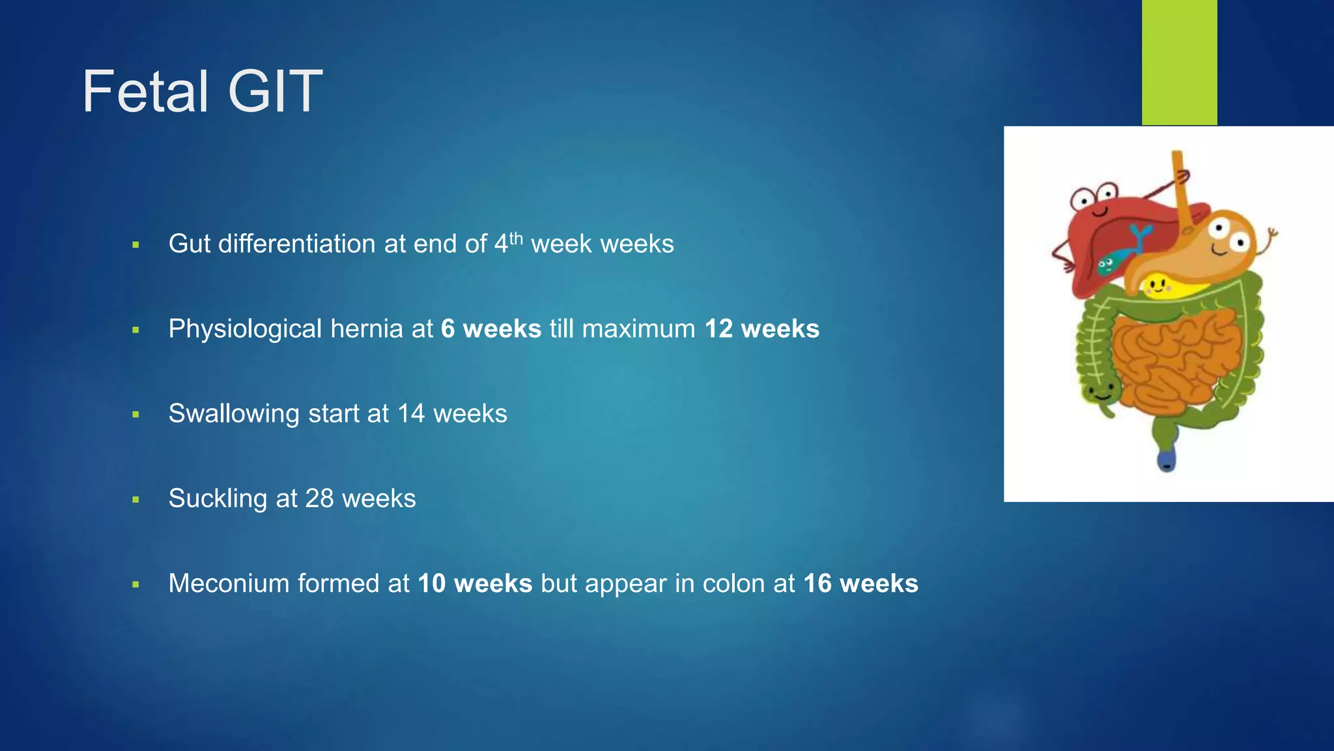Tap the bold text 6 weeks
pos(490,329)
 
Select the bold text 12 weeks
pos(761,329)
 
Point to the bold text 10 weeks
pos(475,583)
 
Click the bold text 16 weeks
pos(860,583)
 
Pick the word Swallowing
pos(234,414)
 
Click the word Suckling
pos(218,499)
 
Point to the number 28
pos(319,499)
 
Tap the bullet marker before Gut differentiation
pos(135,245)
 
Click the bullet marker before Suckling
pos(135,500)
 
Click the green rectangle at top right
pos(1179,62)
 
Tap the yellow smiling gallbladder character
pos(1157,285)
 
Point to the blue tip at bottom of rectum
pos(1166,462)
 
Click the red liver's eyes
pos(1093,195)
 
